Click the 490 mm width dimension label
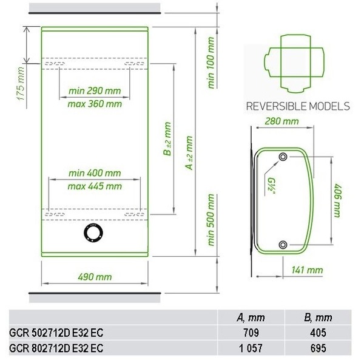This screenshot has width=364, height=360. [95, 277]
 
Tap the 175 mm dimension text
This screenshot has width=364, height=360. [21, 84]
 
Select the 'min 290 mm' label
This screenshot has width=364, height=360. [95, 90]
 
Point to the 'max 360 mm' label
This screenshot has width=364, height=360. [95, 104]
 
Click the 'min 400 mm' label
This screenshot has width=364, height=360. [95, 173]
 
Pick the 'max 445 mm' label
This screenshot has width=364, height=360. [95, 186]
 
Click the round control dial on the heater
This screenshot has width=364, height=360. [93, 233]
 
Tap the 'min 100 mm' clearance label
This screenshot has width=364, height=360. [211, 63]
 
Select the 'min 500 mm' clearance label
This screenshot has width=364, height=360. [211, 220]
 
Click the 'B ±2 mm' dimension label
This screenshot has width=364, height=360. [167, 138]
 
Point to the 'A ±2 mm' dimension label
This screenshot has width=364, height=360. [189, 153]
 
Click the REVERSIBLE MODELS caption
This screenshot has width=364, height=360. [298, 106]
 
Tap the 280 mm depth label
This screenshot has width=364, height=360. [282, 121]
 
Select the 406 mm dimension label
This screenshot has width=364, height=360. [338, 201]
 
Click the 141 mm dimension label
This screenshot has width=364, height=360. [307, 270]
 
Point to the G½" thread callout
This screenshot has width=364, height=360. [271, 187]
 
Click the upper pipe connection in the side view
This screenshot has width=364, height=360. [283, 157]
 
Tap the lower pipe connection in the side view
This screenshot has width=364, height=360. [283, 245]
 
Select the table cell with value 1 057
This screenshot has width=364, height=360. [251, 348]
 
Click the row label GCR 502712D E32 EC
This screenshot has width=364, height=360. [56, 333]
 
